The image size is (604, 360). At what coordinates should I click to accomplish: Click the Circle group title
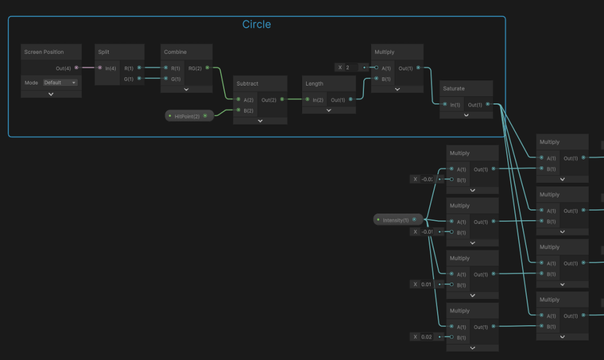click(257, 24)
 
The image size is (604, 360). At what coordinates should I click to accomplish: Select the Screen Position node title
click(44, 52)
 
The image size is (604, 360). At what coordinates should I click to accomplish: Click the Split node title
click(104, 52)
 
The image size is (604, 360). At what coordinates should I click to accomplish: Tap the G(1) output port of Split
click(139, 78)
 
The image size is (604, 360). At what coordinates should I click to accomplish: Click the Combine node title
click(175, 52)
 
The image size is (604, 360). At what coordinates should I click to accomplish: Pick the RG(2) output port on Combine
click(207, 68)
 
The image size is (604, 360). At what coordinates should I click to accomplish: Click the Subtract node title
click(248, 83)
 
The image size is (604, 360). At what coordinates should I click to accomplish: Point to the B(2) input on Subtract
click(238, 110)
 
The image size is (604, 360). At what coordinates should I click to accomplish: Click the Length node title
click(314, 83)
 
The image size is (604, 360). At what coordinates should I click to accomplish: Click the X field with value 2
click(352, 67)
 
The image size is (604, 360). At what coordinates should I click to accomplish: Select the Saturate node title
click(454, 89)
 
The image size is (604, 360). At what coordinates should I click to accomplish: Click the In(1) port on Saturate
click(445, 105)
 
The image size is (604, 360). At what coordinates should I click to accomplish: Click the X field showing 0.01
click(426, 284)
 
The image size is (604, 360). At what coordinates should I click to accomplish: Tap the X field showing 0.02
click(426, 337)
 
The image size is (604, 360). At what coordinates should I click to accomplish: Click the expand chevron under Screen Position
click(51, 94)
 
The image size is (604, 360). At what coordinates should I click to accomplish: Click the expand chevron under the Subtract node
click(260, 120)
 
